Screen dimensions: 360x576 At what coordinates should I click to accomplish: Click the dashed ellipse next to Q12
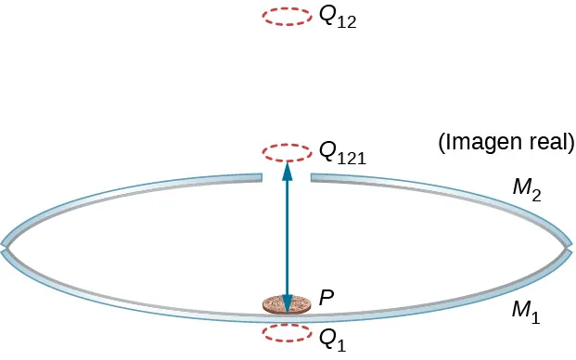coord(286,17)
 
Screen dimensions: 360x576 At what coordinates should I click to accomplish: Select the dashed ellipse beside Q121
coord(286,150)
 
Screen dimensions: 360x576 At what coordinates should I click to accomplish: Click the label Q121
coord(341,152)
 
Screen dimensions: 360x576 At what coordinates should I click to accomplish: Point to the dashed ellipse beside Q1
coord(286,333)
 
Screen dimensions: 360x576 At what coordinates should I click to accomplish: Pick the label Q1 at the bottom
coord(331,340)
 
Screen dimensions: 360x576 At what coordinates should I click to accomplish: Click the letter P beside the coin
coord(326,298)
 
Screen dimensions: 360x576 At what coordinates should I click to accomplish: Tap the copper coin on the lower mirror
coord(286,306)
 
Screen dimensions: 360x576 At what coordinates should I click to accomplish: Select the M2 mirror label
coord(526,190)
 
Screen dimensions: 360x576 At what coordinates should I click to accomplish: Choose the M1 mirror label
coord(525,311)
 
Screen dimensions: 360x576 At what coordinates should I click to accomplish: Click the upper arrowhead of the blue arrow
coord(286,170)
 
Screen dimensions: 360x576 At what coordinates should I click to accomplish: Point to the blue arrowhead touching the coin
coord(286,303)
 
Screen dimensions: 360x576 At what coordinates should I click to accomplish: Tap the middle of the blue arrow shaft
coord(286,237)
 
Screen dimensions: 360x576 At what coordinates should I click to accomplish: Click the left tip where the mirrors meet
coord(6,248)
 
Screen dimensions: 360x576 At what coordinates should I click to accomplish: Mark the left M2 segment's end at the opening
coord(260,176)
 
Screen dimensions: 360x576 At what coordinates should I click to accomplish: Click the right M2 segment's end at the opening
coord(313,176)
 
